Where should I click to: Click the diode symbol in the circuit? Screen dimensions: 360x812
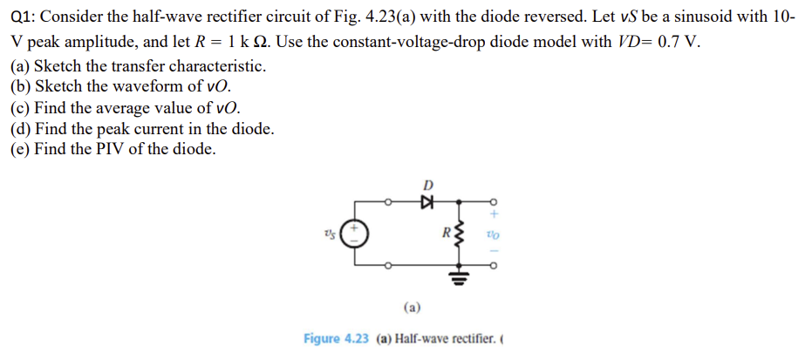pyautogui.click(x=426, y=200)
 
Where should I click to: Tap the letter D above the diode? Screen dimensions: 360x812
pyautogui.click(x=427, y=184)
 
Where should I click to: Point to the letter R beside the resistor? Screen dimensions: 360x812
pyautogui.click(x=445, y=233)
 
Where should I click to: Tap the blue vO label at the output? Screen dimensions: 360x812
pyautogui.click(x=494, y=233)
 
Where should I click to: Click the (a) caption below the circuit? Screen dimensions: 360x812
pyautogui.click(x=413, y=307)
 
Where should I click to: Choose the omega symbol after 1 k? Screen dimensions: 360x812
pyautogui.click(x=265, y=43)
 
